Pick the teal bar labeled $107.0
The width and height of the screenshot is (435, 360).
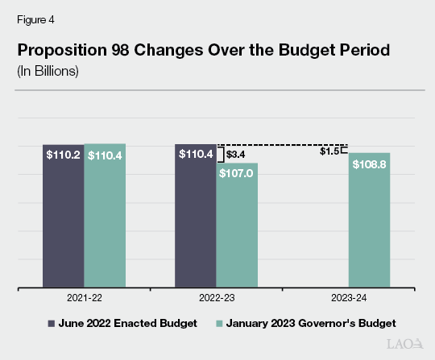click(237, 225)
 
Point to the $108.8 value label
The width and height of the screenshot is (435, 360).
click(370, 163)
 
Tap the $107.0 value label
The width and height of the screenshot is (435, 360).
click(237, 173)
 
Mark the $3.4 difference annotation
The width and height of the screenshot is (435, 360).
click(236, 153)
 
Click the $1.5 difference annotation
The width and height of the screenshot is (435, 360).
click(329, 151)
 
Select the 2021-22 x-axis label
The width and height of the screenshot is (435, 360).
click(84, 298)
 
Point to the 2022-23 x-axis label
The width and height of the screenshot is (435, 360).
click(216, 298)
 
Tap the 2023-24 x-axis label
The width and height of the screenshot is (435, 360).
click(349, 298)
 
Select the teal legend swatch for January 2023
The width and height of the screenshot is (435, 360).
click(217, 323)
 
